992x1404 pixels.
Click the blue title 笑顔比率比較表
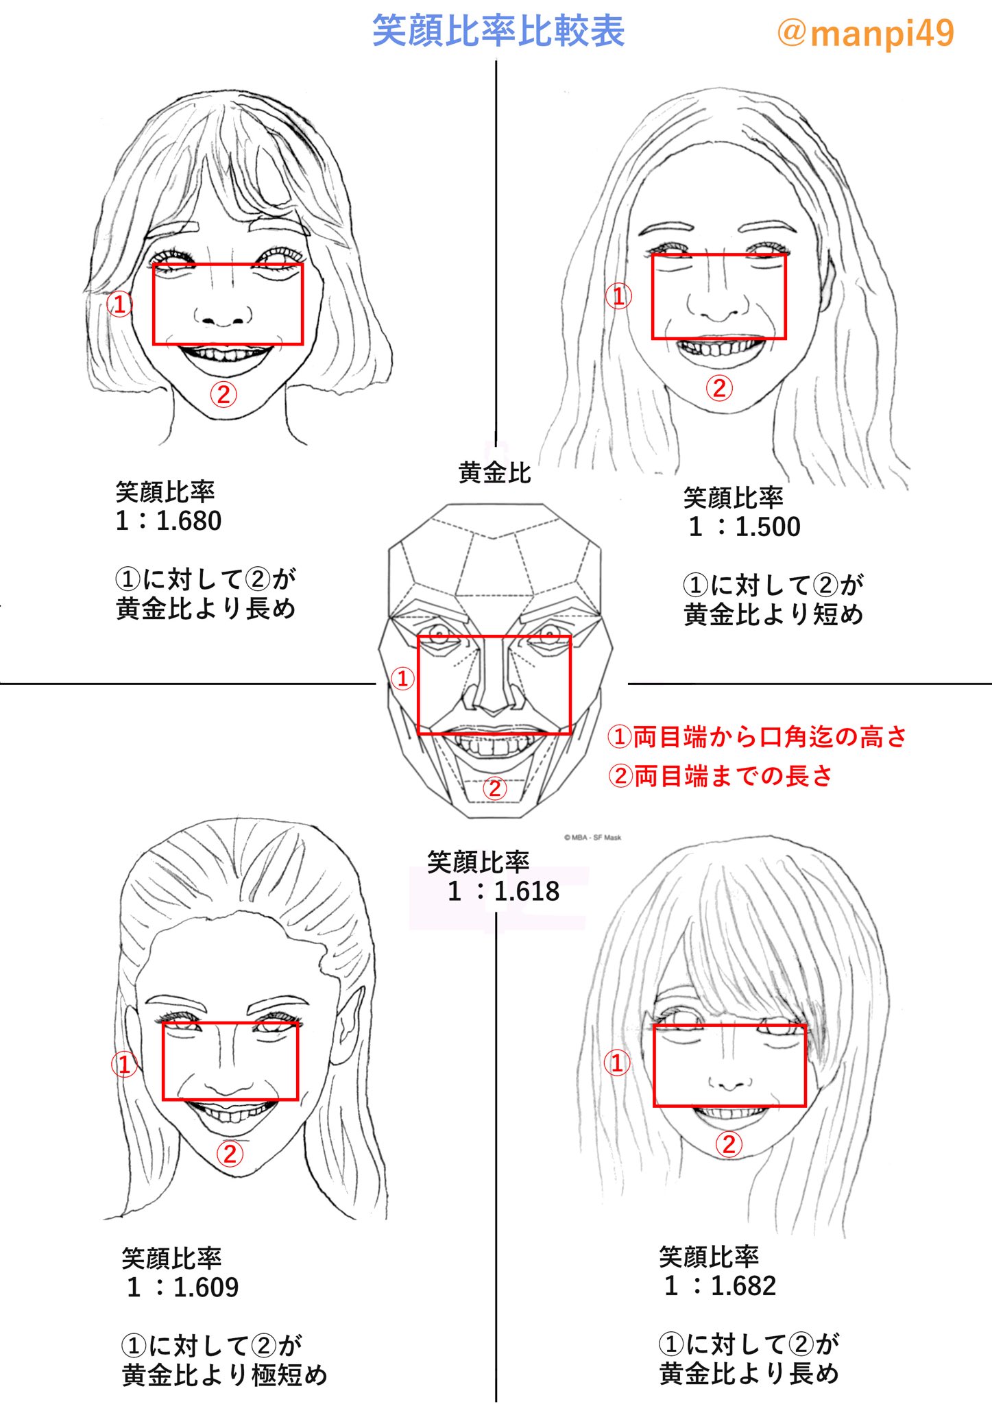(498, 32)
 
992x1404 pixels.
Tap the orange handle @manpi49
(865, 32)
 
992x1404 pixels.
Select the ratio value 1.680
(189, 521)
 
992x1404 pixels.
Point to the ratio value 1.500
(768, 526)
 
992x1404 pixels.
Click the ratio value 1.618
(527, 891)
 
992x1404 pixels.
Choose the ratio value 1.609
(206, 1287)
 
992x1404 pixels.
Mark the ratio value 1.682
(743, 1286)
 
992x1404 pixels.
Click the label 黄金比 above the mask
(494, 472)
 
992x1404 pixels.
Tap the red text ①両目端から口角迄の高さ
(757, 736)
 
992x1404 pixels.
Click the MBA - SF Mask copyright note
(592, 837)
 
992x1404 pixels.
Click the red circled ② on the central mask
(494, 788)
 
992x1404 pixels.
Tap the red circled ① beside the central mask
(402, 679)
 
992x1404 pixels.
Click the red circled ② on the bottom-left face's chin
(230, 1153)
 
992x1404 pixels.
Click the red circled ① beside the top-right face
(618, 296)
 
